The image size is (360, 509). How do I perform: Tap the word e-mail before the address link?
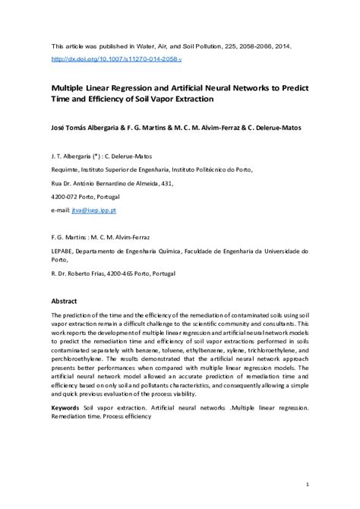[x=61, y=209]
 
